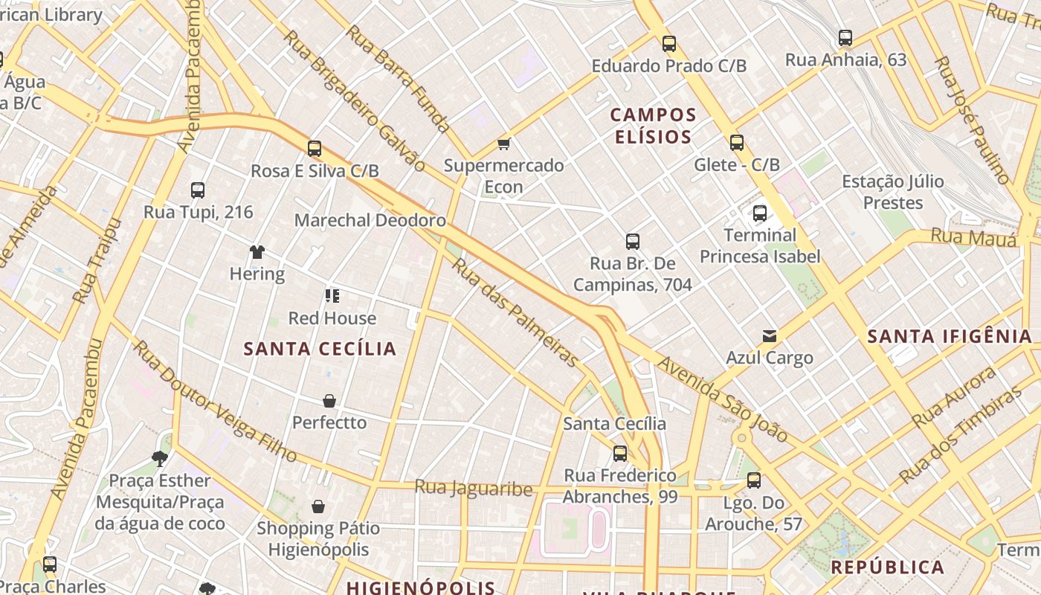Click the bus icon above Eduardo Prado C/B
pos(669,44)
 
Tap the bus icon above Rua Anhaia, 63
pos(845,38)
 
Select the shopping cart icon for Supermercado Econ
pos(504,144)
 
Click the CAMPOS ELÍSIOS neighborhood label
pos(653,126)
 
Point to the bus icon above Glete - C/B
pos(737,143)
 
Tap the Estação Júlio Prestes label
pos(892,192)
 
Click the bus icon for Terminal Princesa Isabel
pos(760,213)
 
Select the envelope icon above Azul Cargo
pos(770,336)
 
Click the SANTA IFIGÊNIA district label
pos(950,336)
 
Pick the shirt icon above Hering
pos(257,252)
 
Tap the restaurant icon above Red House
pos(332,296)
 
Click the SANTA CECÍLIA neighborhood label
pos(320,349)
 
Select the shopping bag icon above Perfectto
pos(329,401)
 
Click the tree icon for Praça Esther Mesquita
pos(159,458)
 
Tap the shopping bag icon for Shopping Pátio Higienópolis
pos(318,506)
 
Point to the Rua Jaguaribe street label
pos(474,488)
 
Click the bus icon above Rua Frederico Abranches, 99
pos(620,454)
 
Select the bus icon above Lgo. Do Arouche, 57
pos(754,480)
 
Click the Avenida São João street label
pos(721,399)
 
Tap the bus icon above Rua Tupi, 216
pos(198,190)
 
